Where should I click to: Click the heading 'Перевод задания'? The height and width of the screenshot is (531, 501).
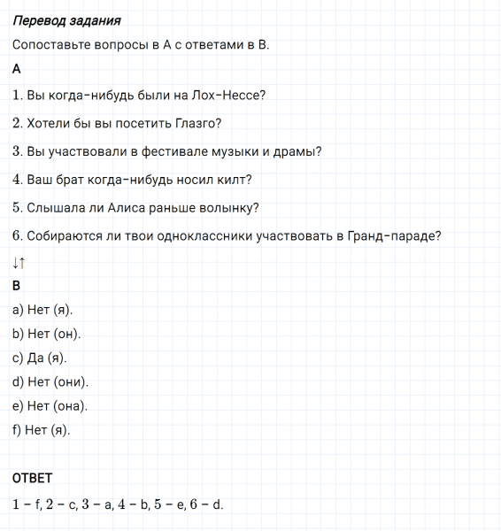pos(67,19)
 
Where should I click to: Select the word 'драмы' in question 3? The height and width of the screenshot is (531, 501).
pos(297,151)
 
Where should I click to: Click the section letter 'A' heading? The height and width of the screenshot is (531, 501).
pos(18,68)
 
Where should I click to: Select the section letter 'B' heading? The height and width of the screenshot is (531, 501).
pos(17,286)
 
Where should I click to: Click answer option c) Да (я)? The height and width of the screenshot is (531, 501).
pos(40,358)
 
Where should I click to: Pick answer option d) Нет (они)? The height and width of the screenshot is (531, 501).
pos(50,382)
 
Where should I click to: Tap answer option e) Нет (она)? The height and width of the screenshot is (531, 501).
pos(50,406)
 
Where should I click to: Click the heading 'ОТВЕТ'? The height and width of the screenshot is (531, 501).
pos(33,478)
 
